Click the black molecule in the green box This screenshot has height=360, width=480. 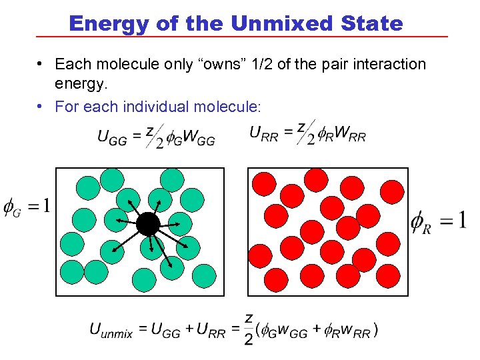coord(147,224)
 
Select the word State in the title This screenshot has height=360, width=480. coord(371,24)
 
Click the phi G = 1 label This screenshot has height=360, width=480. coord(27,206)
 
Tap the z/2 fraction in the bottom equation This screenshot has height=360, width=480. coord(248,329)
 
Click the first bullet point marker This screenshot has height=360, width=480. coord(41,65)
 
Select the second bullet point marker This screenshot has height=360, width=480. coord(41,106)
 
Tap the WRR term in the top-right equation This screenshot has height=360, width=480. coord(350,133)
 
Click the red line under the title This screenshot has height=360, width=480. coord(240,36)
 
